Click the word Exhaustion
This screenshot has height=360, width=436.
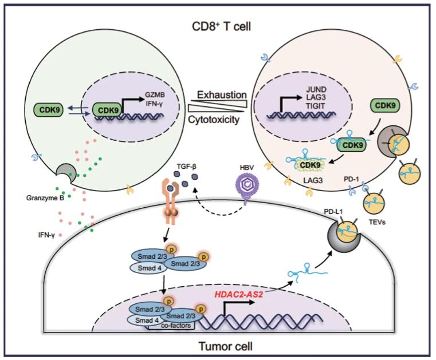pos(222,95)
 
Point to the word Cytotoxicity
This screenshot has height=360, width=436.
pos(214,120)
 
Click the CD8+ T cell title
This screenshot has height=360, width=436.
pos(222,27)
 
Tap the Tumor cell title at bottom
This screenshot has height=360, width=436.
pos(226,346)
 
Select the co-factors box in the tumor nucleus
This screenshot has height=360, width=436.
pos(176,325)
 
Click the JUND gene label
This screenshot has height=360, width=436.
pos(316,90)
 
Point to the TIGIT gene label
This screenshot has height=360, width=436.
pos(316,106)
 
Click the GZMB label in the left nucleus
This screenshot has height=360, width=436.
pos(155,95)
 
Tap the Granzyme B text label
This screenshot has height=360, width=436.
pos(45,198)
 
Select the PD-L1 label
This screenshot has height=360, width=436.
pos(333,212)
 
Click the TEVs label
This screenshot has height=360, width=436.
pos(377,222)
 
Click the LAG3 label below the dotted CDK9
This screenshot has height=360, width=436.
pos(313,180)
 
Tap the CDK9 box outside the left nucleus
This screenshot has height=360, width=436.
pos(48,110)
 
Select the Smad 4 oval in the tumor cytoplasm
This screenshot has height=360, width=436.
pos(149,268)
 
